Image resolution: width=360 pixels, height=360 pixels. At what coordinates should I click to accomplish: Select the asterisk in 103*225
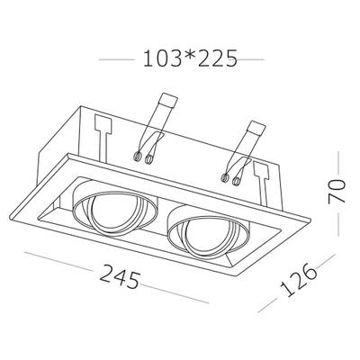pyautogui.click(x=185, y=59)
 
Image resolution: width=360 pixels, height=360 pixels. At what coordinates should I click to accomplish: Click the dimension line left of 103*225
pyautogui.click(x=115, y=60)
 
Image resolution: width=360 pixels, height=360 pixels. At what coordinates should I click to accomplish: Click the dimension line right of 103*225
pyautogui.click(x=254, y=60)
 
